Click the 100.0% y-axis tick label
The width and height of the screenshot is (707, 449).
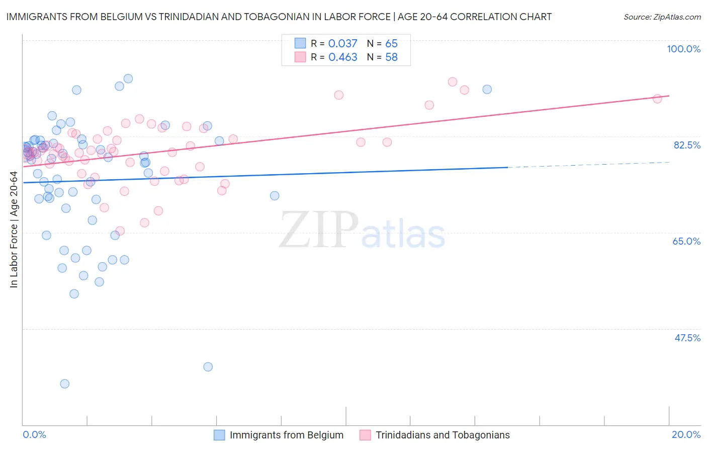(x=683, y=49)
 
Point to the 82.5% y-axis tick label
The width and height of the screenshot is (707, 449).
(x=687, y=145)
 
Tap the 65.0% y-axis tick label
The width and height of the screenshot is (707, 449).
(x=686, y=241)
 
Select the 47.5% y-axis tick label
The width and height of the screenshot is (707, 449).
(x=687, y=338)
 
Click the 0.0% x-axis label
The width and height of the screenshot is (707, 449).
(x=34, y=434)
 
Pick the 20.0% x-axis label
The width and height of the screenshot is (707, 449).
(x=686, y=434)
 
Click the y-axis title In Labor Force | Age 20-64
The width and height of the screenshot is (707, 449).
(x=14, y=230)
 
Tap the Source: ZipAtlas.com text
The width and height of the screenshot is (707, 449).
(x=662, y=17)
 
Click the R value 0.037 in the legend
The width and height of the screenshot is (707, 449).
(x=342, y=44)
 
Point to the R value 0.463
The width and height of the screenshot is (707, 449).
(x=342, y=57)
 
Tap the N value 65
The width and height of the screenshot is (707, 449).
(x=391, y=44)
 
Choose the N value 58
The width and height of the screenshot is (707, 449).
(x=391, y=57)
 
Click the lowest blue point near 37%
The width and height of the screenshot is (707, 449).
(x=64, y=384)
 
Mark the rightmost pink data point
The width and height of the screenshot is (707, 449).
(x=657, y=99)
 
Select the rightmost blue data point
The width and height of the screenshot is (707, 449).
(x=487, y=89)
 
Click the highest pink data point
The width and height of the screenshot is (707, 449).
(x=453, y=82)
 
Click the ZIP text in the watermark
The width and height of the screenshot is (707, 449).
(x=319, y=230)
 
